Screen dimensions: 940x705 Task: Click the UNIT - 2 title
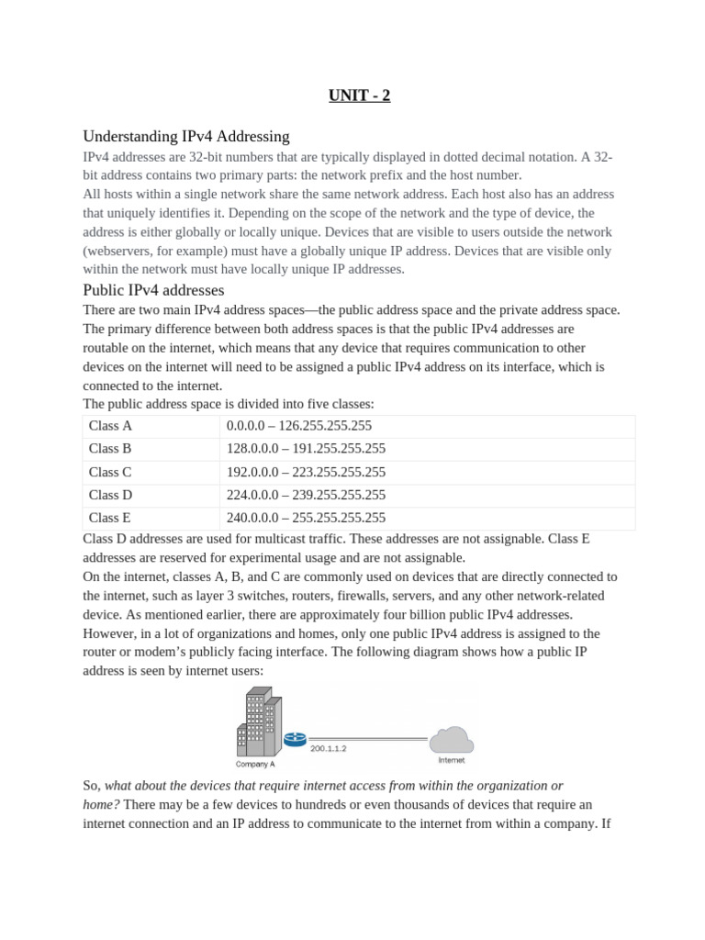click(360, 95)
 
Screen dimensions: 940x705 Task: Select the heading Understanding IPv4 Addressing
click(185, 136)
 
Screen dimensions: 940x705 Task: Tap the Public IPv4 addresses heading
click(153, 290)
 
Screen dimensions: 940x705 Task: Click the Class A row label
click(110, 426)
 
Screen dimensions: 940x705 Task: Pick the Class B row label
click(110, 449)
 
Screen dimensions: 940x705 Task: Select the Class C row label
click(110, 472)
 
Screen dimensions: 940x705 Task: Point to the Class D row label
click(110, 495)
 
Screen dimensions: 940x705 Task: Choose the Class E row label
click(110, 518)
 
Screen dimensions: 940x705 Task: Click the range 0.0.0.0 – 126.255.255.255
click(298, 426)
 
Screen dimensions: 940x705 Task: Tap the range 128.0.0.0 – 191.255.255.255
click(306, 449)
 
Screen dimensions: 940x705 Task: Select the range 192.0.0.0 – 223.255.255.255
click(306, 472)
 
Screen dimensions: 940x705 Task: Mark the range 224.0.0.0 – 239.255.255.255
click(306, 495)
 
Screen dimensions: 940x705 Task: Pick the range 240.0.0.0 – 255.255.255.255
click(306, 518)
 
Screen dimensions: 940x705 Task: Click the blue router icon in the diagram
click(295, 738)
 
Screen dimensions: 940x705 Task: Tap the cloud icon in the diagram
click(451, 739)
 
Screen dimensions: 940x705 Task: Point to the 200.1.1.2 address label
click(328, 749)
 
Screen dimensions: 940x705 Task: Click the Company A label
click(255, 763)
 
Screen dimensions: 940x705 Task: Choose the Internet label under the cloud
click(451, 760)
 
